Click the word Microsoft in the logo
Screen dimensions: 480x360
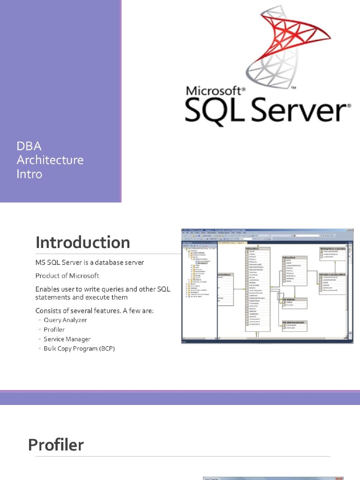click(x=213, y=90)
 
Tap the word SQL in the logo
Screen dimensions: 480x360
click(x=214, y=112)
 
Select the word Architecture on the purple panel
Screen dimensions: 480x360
click(x=50, y=160)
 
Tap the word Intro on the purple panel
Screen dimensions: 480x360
click(x=29, y=174)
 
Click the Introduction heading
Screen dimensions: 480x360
click(x=83, y=242)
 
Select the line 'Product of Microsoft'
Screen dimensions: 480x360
click(x=67, y=275)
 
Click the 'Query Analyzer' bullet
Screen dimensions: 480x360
click(x=65, y=320)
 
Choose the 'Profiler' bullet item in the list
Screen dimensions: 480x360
click(x=54, y=330)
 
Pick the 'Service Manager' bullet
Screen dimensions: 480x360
click(x=67, y=339)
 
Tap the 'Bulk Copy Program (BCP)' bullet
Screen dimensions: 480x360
click(x=79, y=349)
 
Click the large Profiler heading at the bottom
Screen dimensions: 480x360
click(x=56, y=444)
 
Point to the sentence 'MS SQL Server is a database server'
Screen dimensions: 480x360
click(x=90, y=262)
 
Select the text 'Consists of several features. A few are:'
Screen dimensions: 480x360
click(x=95, y=310)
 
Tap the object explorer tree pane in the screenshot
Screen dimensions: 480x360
click(x=199, y=291)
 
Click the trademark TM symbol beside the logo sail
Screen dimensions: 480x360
click(x=294, y=88)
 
